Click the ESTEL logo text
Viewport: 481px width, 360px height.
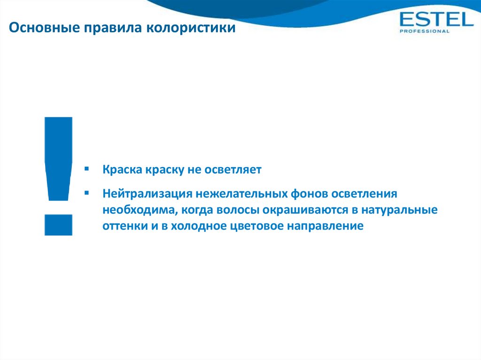436,19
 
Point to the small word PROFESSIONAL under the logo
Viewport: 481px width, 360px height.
424,31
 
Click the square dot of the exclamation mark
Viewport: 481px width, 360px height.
58,225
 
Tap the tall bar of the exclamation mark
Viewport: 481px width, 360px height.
58,159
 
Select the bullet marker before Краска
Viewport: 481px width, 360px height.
87,169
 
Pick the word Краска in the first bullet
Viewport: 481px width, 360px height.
122,169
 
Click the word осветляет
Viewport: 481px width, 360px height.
233,169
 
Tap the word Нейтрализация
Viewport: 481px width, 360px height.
147,194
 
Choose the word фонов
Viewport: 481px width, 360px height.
310,194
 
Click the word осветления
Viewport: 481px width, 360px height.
365,194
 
